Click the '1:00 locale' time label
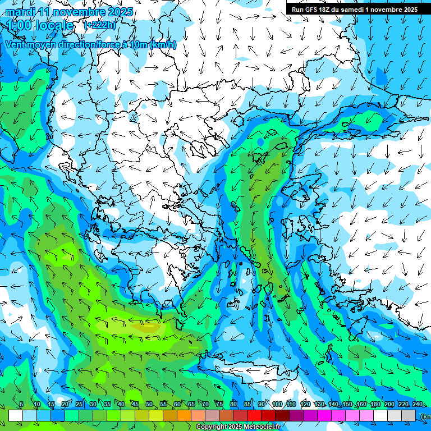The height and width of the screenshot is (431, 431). click(x=39, y=26)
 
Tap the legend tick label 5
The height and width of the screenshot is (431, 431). click(x=21, y=405)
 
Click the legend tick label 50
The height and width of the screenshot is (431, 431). click(x=149, y=405)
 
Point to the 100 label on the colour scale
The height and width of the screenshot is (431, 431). click(x=277, y=405)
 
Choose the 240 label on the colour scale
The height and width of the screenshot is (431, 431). click(x=417, y=405)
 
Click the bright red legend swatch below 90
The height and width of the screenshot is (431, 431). click(x=255, y=416)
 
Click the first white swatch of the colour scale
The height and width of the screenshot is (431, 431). click(x=16, y=416)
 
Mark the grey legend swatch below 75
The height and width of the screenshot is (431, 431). click(x=213, y=416)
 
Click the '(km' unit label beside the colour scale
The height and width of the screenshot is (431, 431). click(x=425, y=416)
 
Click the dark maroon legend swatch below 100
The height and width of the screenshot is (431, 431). click(x=283, y=416)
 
